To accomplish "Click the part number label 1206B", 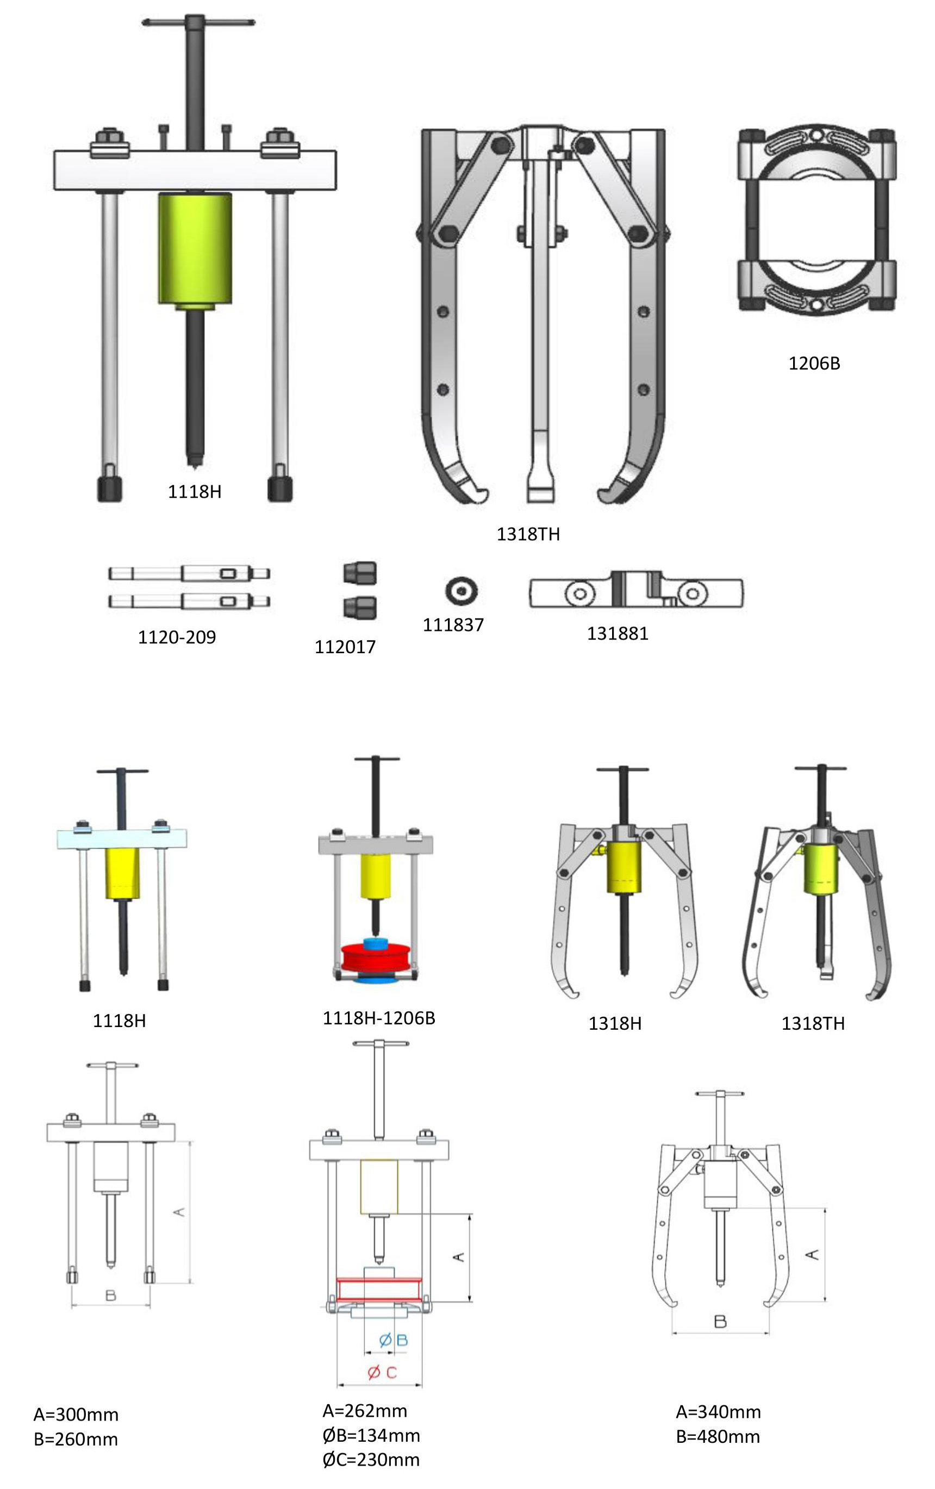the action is click(x=814, y=363).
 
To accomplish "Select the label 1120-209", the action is click(x=177, y=637).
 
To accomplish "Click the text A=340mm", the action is click(x=718, y=1412).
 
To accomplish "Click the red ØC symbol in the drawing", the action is click(x=382, y=1372).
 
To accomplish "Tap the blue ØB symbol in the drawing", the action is click(x=392, y=1340).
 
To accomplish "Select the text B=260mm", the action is click(x=76, y=1439).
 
